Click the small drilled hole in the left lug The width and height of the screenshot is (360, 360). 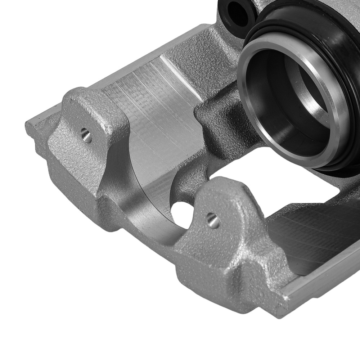pyautogui.click(x=86, y=136)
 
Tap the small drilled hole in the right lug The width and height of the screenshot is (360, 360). pyautogui.click(x=213, y=220)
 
